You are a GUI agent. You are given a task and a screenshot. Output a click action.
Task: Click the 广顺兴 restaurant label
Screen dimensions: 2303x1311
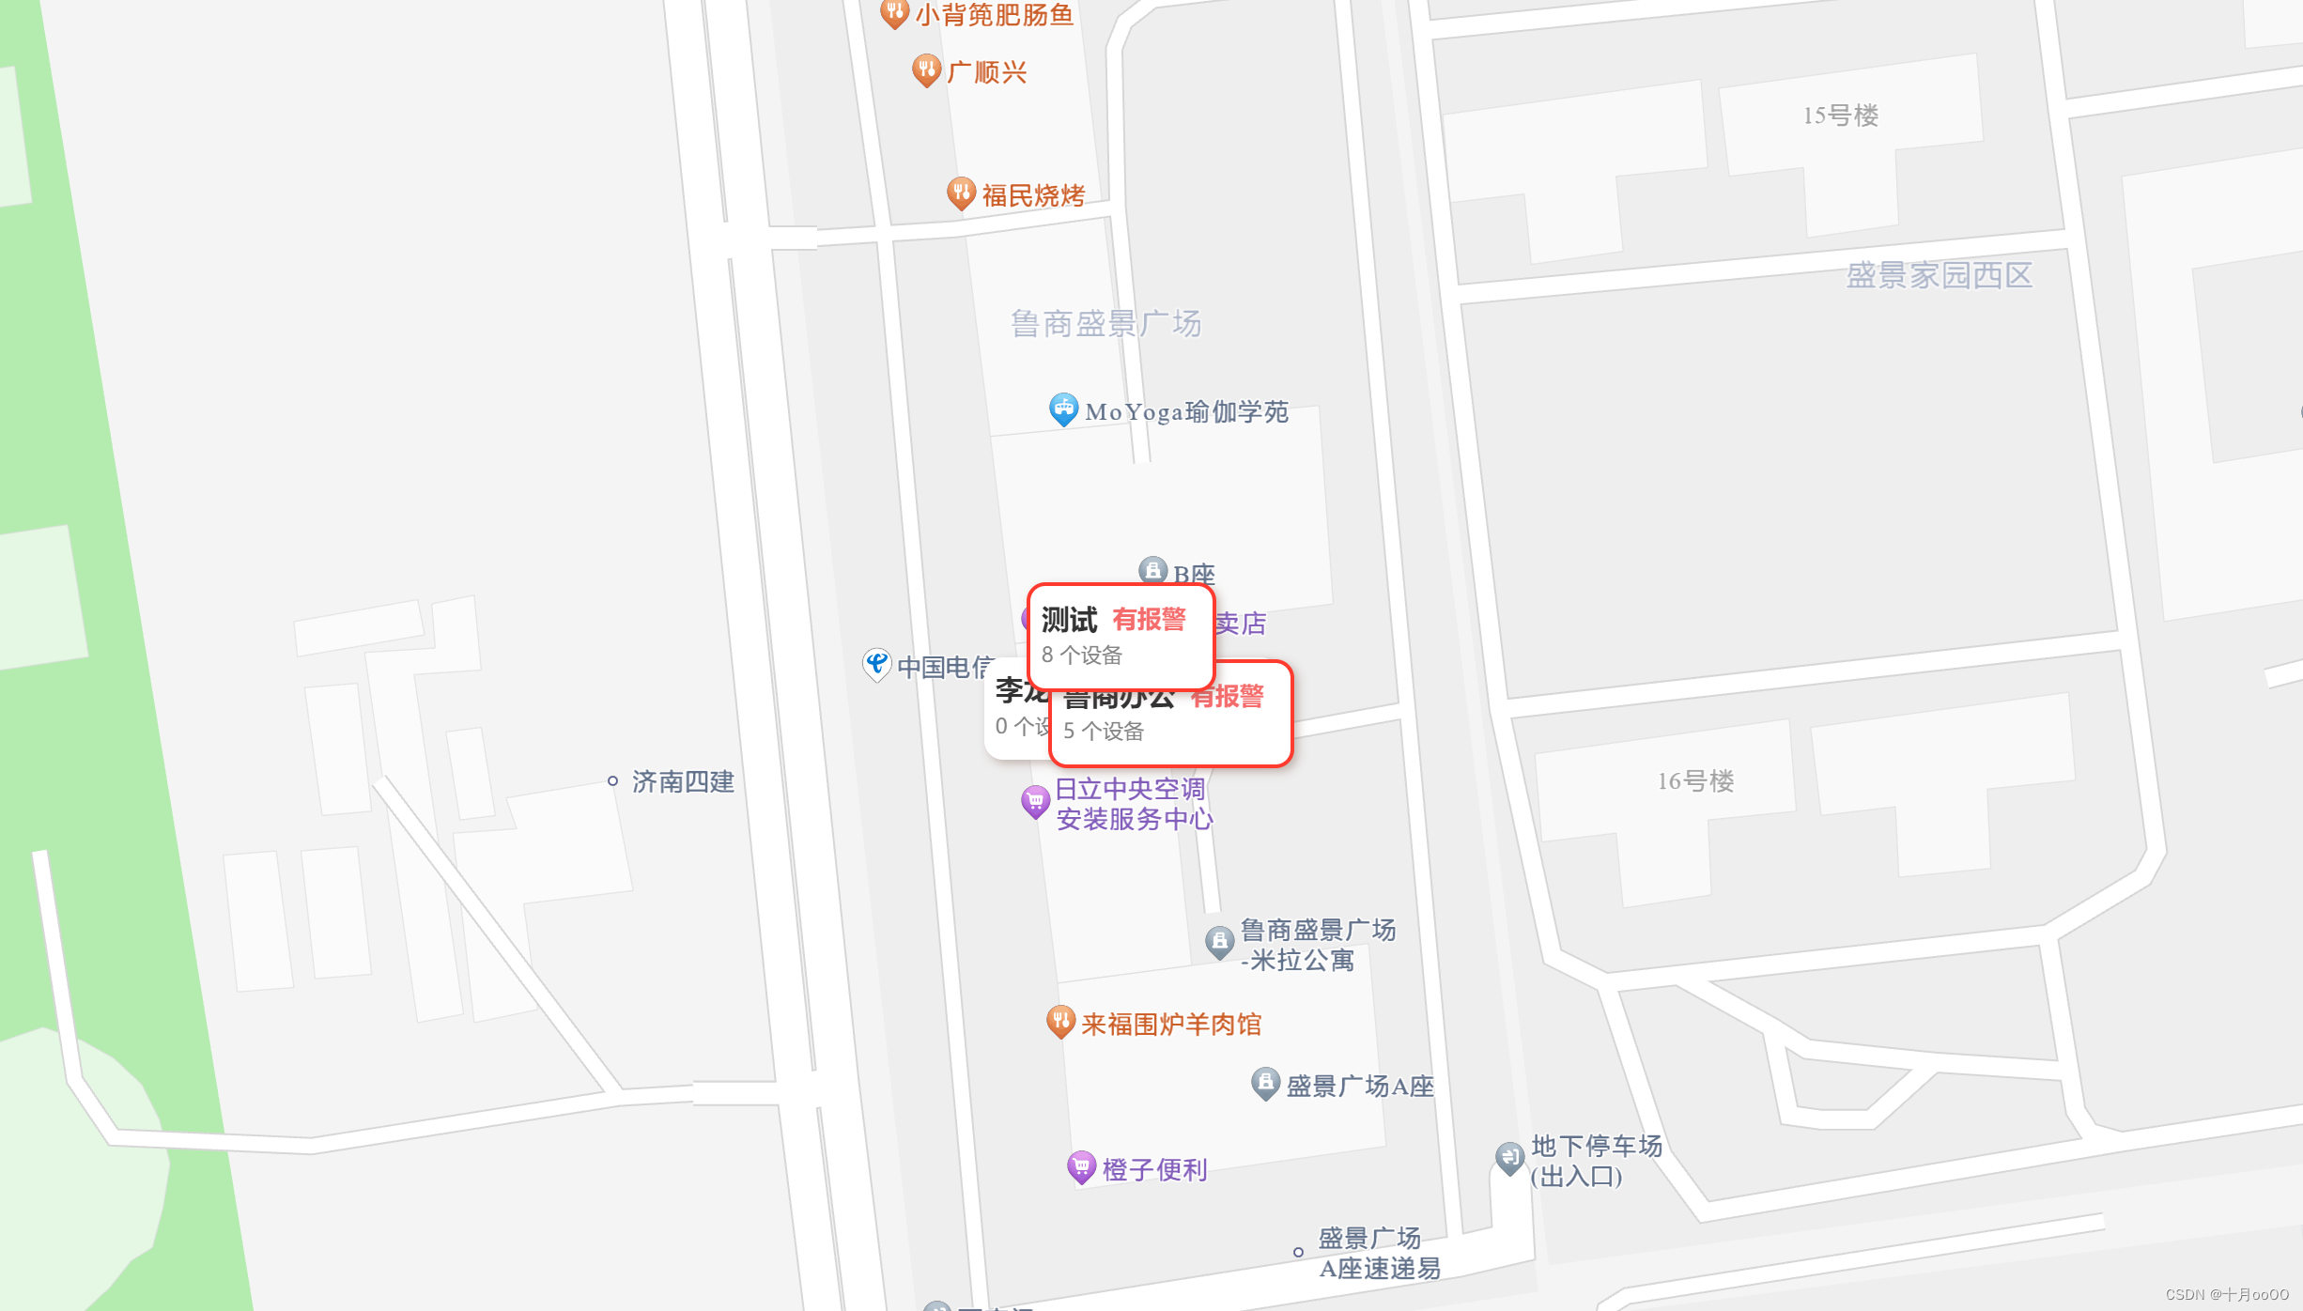(x=986, y=72)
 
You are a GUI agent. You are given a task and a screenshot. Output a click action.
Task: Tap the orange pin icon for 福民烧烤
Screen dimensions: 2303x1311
(x=960, y=193)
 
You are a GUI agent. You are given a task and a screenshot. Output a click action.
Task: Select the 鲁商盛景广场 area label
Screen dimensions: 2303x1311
(x=1105, y=324)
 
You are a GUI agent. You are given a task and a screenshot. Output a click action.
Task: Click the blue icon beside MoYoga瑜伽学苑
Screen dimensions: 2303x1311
(x=1063, y=409)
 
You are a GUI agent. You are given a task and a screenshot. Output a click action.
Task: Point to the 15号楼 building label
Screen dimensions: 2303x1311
(x=1840, y=116)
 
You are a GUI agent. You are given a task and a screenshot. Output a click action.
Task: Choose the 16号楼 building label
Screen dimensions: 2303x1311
(x=1695, y=780)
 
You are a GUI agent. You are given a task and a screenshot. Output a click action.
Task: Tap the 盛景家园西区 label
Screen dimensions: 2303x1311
(x=1939, y=275)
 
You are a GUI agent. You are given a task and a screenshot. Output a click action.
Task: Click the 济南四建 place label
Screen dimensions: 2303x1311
(x=683, y=781)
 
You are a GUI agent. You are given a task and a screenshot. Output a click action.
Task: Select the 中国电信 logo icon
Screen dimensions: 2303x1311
(x=876, y=664)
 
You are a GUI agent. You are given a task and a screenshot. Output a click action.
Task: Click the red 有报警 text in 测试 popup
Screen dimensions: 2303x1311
(x=1149, y=620)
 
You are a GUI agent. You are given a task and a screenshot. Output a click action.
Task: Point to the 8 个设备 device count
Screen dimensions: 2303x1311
(x=1082, y=655)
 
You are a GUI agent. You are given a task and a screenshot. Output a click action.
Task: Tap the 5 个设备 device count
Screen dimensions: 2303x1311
(x=1104, y=731)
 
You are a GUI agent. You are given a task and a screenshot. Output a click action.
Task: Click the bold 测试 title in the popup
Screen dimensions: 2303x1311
(x=1069, y=620)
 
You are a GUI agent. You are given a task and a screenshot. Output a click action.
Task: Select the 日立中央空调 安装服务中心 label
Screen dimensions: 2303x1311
(x=1133, y=804)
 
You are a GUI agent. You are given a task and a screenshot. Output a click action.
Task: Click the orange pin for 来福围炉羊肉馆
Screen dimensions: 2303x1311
(x=1060, y=1021)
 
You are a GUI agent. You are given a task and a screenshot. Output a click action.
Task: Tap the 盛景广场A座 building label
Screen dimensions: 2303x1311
(x=1359, y=1087)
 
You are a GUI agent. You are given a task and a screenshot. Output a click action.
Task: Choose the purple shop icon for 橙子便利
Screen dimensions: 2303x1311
(x=1081, y=1167)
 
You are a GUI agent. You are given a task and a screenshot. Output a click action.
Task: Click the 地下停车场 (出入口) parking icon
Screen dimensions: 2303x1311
(x=1509, y=1157)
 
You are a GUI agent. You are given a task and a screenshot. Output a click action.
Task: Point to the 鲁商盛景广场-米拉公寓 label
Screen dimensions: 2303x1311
(x=1317, y=945)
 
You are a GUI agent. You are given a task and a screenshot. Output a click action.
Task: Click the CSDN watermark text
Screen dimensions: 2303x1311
(x=2227, y=1294)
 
